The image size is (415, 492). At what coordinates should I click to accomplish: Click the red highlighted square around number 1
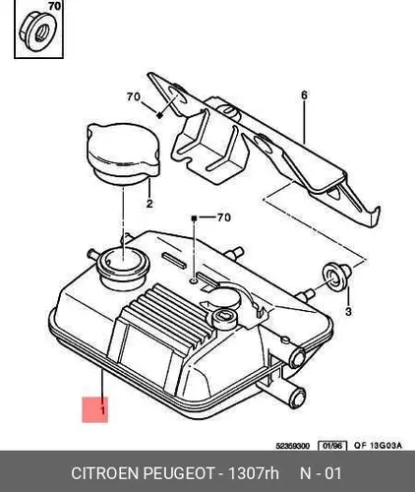94,409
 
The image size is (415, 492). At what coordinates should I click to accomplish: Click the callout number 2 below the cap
149,204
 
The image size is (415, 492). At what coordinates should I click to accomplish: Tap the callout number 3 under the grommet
348,311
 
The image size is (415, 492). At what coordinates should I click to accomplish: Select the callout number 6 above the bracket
304,95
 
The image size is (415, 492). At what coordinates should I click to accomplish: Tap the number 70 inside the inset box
54,6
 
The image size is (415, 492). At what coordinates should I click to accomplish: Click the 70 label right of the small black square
224,217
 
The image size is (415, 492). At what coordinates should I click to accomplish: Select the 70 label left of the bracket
134,96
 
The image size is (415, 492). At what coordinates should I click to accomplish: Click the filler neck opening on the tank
122,262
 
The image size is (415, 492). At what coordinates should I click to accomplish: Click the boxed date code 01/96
332,446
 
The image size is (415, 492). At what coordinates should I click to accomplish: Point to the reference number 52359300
293,446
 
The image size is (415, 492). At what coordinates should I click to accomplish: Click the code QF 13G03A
378,446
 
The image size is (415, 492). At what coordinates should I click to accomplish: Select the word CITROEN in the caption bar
105,473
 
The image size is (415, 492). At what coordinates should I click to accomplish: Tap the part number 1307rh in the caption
253,473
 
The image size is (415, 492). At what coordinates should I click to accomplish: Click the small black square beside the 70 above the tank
194,217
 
